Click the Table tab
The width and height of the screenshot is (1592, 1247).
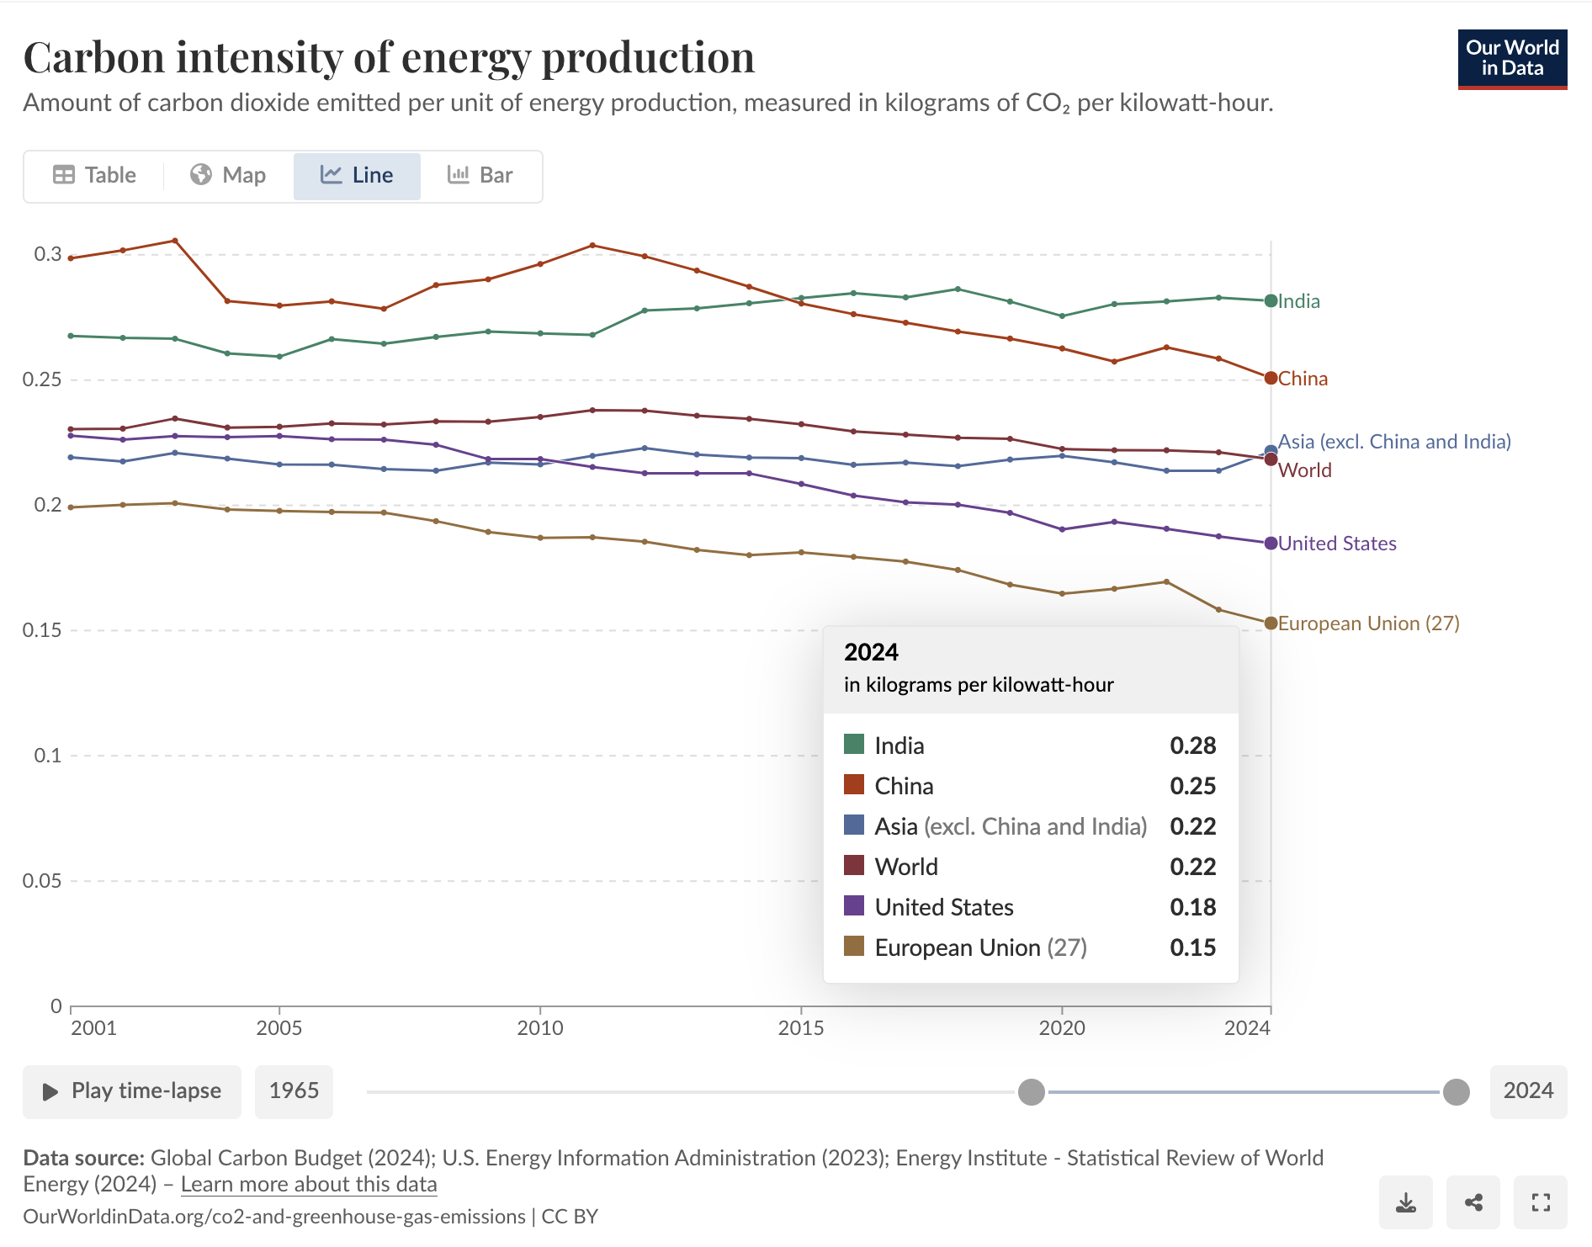pyautogui.click(x=94, y=175)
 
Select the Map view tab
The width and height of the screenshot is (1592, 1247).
pyautogui.click(x=228, y=175)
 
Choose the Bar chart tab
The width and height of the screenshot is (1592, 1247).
pyautogui.click(x=480, y=175)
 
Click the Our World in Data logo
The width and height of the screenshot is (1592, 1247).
pyautogui.click(x=1512, y=59)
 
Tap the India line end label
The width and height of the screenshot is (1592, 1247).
pyautogui.click(x=1298, y=301)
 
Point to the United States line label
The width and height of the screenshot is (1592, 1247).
pyautogui.click(x=1336, y=544)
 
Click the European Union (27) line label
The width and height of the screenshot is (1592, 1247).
pyautogui.click(x=1368, y=623)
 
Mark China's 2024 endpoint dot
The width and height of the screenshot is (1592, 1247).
pyautogui.click(x=1271, y=379)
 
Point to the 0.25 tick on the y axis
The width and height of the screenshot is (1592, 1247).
pyautogui.click(x=42, y=379)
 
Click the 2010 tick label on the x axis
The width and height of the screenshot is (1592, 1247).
pyautogui.click(x=540, y=1027)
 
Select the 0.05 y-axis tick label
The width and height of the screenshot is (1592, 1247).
pyautogui.click(x=42, y=881)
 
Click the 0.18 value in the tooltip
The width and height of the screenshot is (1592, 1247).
pyautogui.click(x=1192, y=907)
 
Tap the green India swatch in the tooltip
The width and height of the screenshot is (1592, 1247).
pyautogui.click(x=854, y=745)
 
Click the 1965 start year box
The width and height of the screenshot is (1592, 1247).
pyautogui.click(x=294, y=1091)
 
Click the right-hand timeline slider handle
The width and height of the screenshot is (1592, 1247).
pyautogui.click(x=1456, y=1092)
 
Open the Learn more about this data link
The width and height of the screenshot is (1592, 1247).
pyautogui.click(x=309, y=1185)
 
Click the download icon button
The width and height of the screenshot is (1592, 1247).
pyautogui.click(x=1405, y=1202)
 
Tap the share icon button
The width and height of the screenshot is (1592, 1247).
pyautogui.click(x=1473, y=1202)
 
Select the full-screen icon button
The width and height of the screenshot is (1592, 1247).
pyautogui.click(x=1541, y=1202)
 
